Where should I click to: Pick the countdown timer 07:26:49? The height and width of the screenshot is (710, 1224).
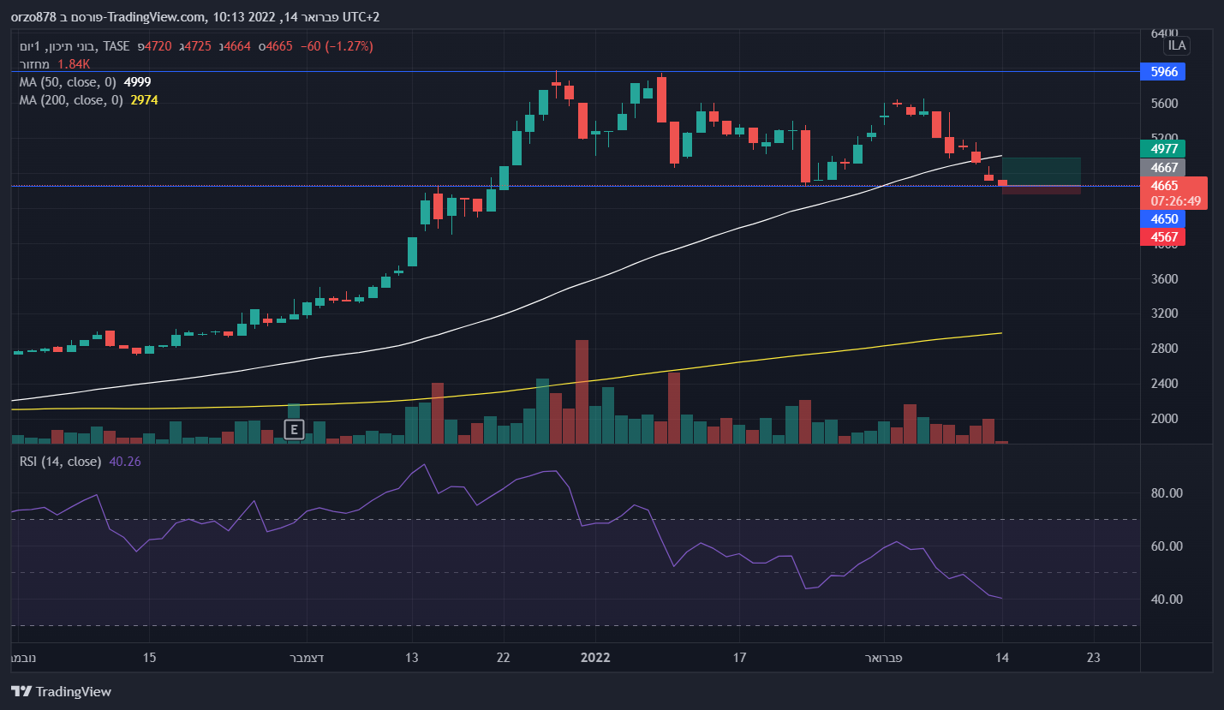[1175, 201]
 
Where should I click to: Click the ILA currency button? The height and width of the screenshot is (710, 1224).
[1177, 45]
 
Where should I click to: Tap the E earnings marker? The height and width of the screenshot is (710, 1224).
[294, 430]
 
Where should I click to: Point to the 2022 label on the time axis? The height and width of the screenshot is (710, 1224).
[594, 658]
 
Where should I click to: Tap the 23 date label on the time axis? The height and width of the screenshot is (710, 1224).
[1092, 658]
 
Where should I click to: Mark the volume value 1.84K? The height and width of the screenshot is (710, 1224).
[74, 64]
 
